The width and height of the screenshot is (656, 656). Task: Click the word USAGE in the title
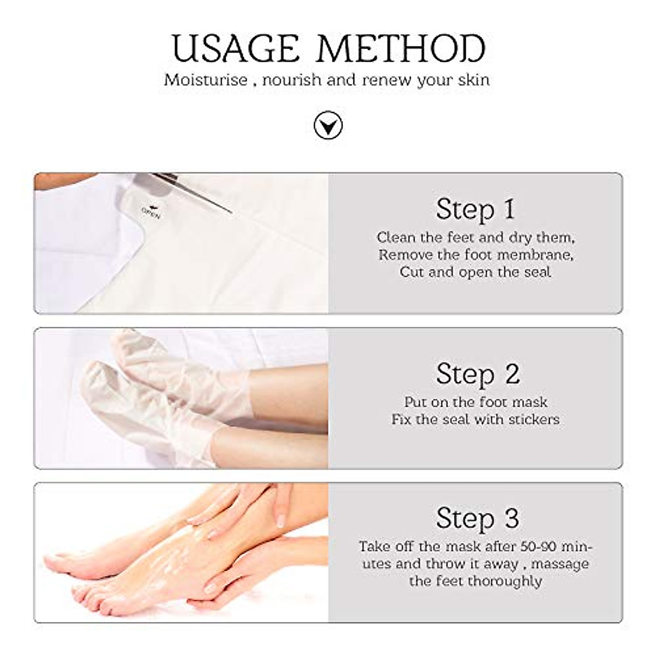[236, 48]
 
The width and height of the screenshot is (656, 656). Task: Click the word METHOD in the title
[401, 48]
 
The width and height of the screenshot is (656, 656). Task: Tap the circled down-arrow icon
[328, 126]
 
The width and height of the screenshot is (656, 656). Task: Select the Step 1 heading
[475, 209]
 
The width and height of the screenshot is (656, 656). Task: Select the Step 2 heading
[477, 374]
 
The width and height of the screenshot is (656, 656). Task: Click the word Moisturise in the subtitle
[206, 80]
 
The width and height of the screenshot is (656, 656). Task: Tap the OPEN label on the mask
[151, 212]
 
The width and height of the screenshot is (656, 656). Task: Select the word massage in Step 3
[560, 564]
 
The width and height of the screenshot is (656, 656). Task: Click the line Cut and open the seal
[475, 272]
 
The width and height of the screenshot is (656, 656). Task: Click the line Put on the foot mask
[475, 402]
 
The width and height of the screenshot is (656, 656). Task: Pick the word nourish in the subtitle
[291, 80]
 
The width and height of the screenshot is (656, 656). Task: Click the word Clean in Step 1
[396, 238]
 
